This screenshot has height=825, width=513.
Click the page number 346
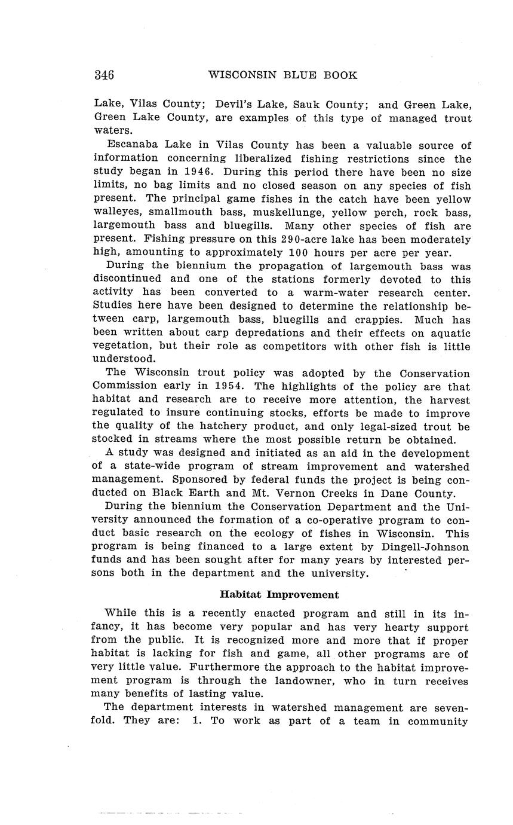[x=104, y=75]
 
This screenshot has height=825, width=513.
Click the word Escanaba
[x=131, y=145]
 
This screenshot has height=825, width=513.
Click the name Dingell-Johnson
[x=426, y=547]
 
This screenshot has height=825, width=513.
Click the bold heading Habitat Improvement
[x=279, y=595]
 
